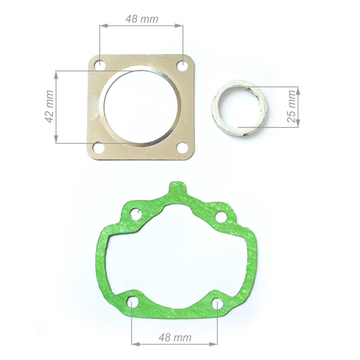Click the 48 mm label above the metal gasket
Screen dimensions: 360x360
[x=142, y=19]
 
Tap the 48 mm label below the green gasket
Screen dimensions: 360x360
[x=175, y=337]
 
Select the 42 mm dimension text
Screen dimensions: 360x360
[x=49, y=107]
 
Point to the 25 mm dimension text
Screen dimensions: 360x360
[x=291, y=106]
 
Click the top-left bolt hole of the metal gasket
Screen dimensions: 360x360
[x=100, y=65]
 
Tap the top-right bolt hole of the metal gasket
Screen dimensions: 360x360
[x=182, y=66]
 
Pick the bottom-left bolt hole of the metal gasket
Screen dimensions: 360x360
[x=99, y=148]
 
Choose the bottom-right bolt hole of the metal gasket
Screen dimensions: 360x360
[x=183, y=148]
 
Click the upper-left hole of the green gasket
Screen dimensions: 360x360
[x=135, y=214]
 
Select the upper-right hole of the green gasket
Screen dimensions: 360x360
[x=221, y=217]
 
